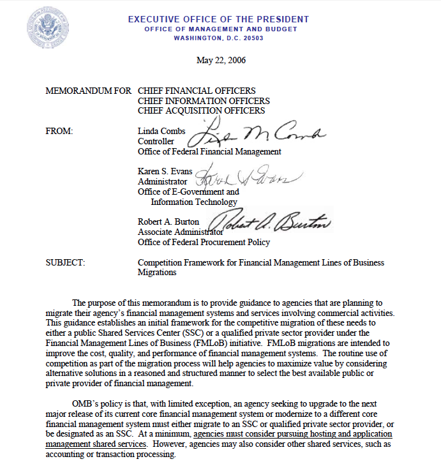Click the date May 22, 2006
[221, 61]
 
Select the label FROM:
[60, 132]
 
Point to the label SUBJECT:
[66, 262]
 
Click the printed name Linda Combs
[161, 132]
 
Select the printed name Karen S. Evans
[165, 171]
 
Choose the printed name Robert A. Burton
[168, 222]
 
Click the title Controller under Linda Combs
[156, 142]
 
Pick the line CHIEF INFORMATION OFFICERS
[203, 101]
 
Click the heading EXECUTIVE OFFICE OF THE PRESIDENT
[218, 19]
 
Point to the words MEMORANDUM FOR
[88, 91]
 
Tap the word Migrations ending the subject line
[156, 272]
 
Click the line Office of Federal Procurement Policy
[204, 242]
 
